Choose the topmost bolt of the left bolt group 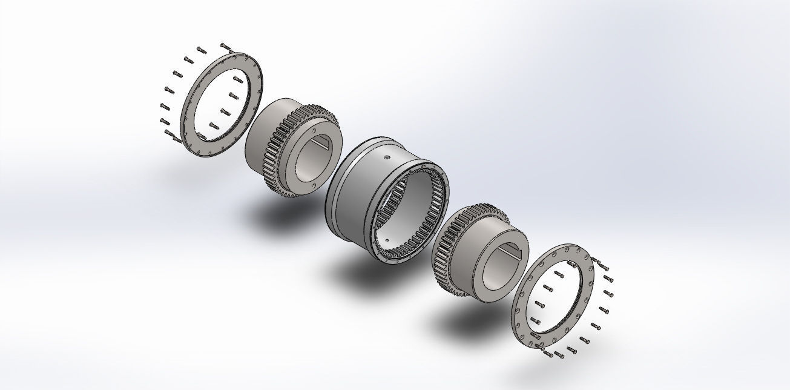coord(225,46)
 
